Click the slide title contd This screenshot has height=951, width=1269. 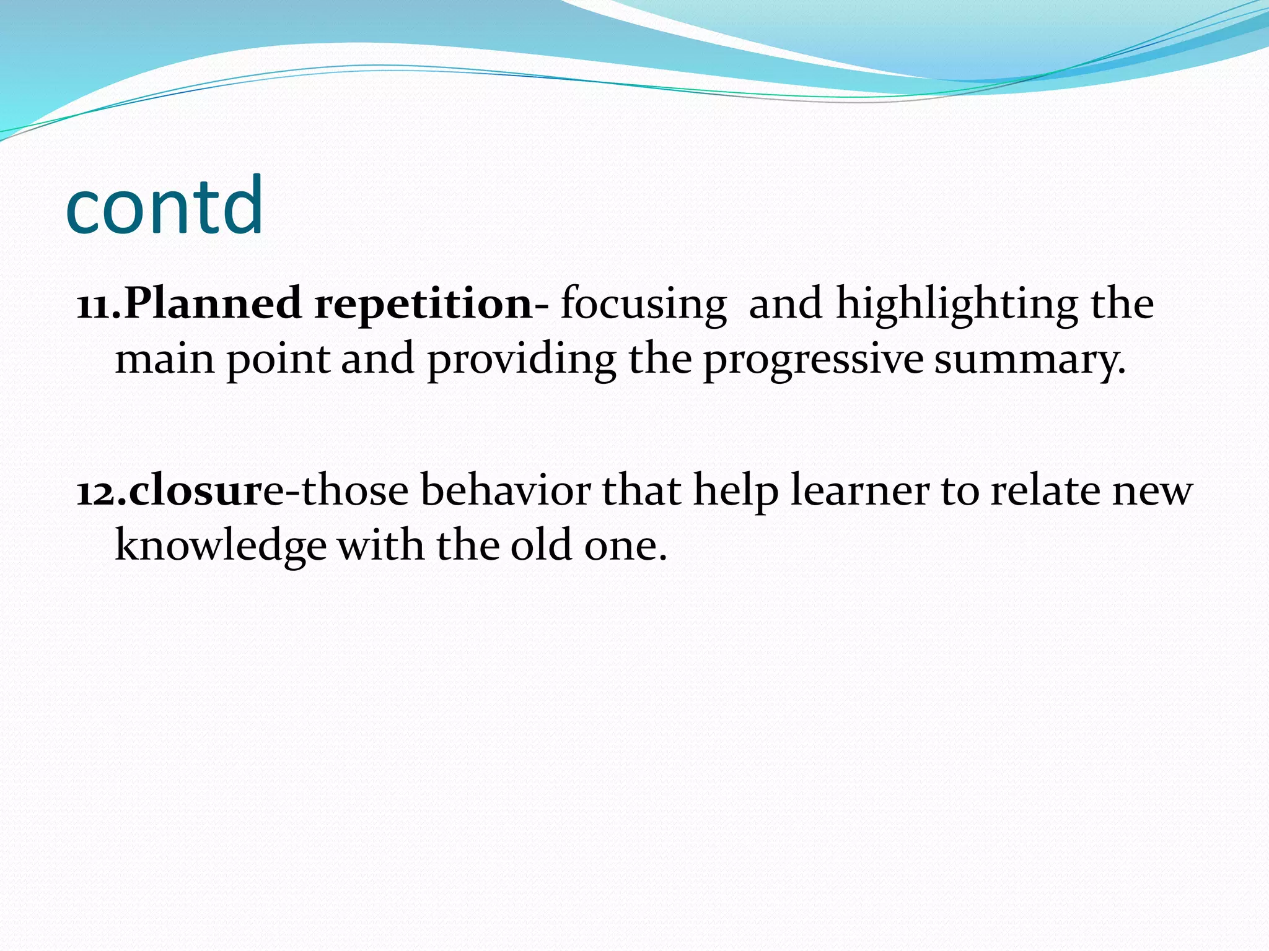164,206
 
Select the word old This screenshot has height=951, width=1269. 540,545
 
